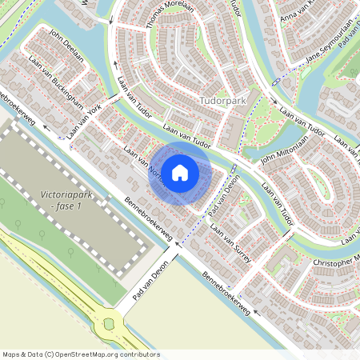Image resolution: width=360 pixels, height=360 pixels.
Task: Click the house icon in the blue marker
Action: point(181,171)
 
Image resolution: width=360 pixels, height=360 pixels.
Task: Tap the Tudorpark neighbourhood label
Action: point(225,102)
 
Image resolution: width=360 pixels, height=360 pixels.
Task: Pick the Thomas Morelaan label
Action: point(170,15)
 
